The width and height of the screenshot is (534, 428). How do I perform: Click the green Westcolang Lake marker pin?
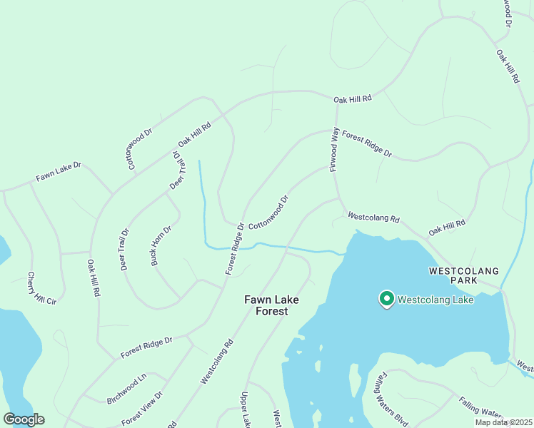tap(387, 299)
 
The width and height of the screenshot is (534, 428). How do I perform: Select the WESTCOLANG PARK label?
tap(463, 276)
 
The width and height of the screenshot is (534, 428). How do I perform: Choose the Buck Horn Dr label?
tap(161, 246)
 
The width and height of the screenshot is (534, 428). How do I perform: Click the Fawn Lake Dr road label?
tap(59, 173)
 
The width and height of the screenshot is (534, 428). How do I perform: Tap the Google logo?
tap(24, 419)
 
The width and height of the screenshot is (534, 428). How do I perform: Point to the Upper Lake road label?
tap(246, 410)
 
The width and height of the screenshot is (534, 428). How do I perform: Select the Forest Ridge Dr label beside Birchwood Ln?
tap(146, 347)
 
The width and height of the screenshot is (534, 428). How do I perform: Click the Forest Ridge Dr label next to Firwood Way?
tap(367, 143)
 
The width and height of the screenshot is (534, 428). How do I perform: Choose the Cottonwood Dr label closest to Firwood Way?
tap(268, 212)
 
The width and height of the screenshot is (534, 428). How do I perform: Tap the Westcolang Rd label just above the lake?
tap(373, 218)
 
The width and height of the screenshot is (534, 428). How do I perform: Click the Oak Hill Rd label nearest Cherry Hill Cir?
tap(94, 277)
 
